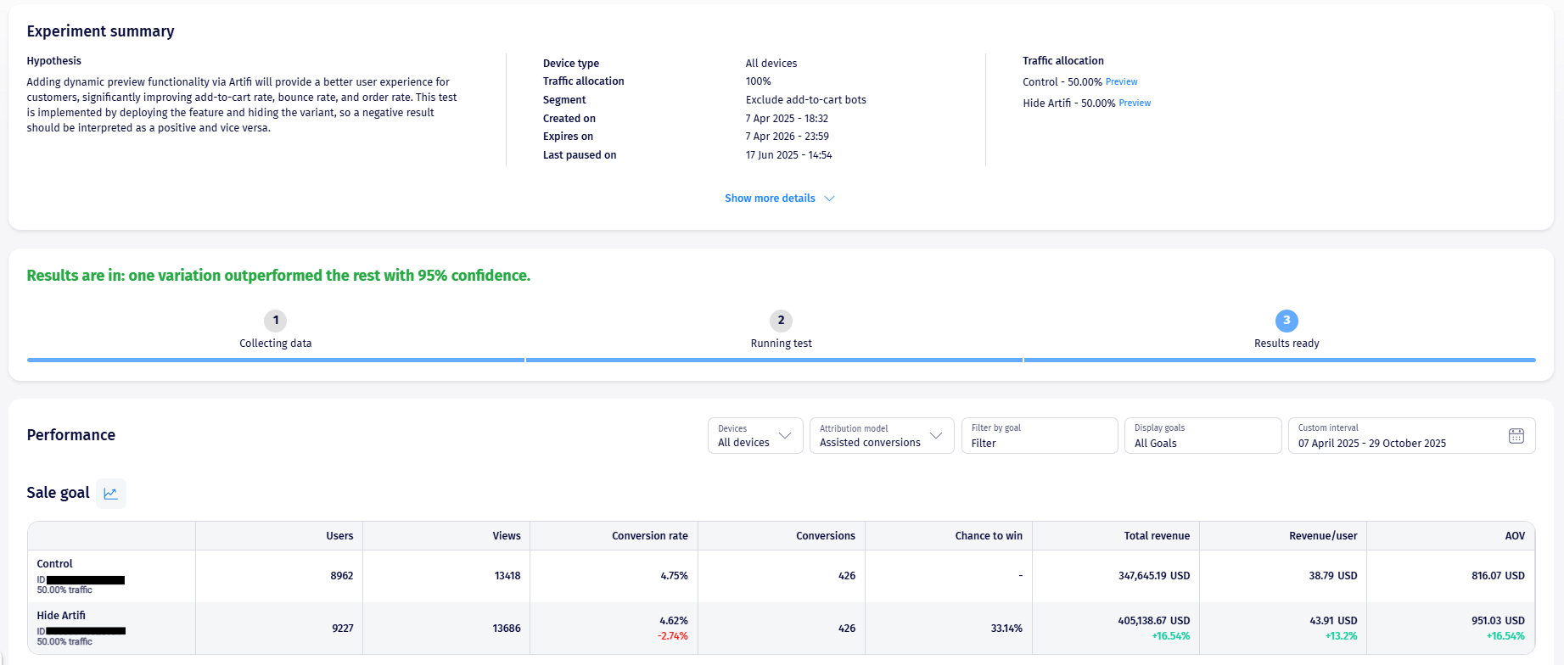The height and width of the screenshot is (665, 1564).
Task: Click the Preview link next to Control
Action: (1121, 82)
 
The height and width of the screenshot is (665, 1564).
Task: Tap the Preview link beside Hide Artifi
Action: (1135, 103)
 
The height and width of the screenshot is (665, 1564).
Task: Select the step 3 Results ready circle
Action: (1287, 321)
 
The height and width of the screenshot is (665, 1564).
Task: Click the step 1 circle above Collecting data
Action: (275, 321)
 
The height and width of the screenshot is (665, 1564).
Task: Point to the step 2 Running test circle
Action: (781, 321)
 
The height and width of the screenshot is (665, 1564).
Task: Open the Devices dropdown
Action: (754, 436)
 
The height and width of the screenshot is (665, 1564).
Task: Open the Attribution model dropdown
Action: (881, 436)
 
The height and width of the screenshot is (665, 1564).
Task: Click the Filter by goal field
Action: (1039, 436)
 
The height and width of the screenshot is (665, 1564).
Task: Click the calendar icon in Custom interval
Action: (1516, 436)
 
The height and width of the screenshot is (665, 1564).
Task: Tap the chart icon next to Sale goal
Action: (110, 494)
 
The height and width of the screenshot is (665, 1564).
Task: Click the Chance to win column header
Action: (989, 536)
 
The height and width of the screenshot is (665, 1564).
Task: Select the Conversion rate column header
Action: (650, 536)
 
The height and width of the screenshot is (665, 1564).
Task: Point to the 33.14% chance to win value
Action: (1006, 629)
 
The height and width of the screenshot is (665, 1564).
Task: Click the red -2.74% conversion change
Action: (673, 636)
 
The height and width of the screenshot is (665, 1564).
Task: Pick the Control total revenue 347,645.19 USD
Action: (1154, 576)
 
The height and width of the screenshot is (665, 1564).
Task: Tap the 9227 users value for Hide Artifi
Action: (343, 629)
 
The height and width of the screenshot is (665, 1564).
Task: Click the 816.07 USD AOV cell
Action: (1498, 576)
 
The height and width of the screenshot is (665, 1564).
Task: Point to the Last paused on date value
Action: (788, 155)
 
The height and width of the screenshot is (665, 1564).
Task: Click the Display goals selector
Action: (1202, 436)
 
